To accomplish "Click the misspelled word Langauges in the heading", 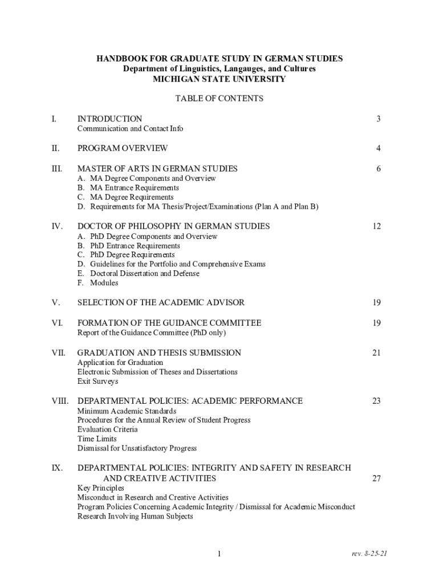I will coord(233,69).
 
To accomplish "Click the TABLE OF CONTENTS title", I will coord(219,98).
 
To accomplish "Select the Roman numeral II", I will coord(55,148).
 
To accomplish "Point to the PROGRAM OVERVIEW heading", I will coord(123,148).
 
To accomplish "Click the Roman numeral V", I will coord(55,302).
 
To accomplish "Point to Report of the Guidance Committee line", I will coord(152,332).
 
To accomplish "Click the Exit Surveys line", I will coord(98,381).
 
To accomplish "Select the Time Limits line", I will coord(97,439).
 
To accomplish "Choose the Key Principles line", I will coord(100,488).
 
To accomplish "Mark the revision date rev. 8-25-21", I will coord(370,554).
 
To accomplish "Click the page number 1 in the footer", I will coord(219,554).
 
